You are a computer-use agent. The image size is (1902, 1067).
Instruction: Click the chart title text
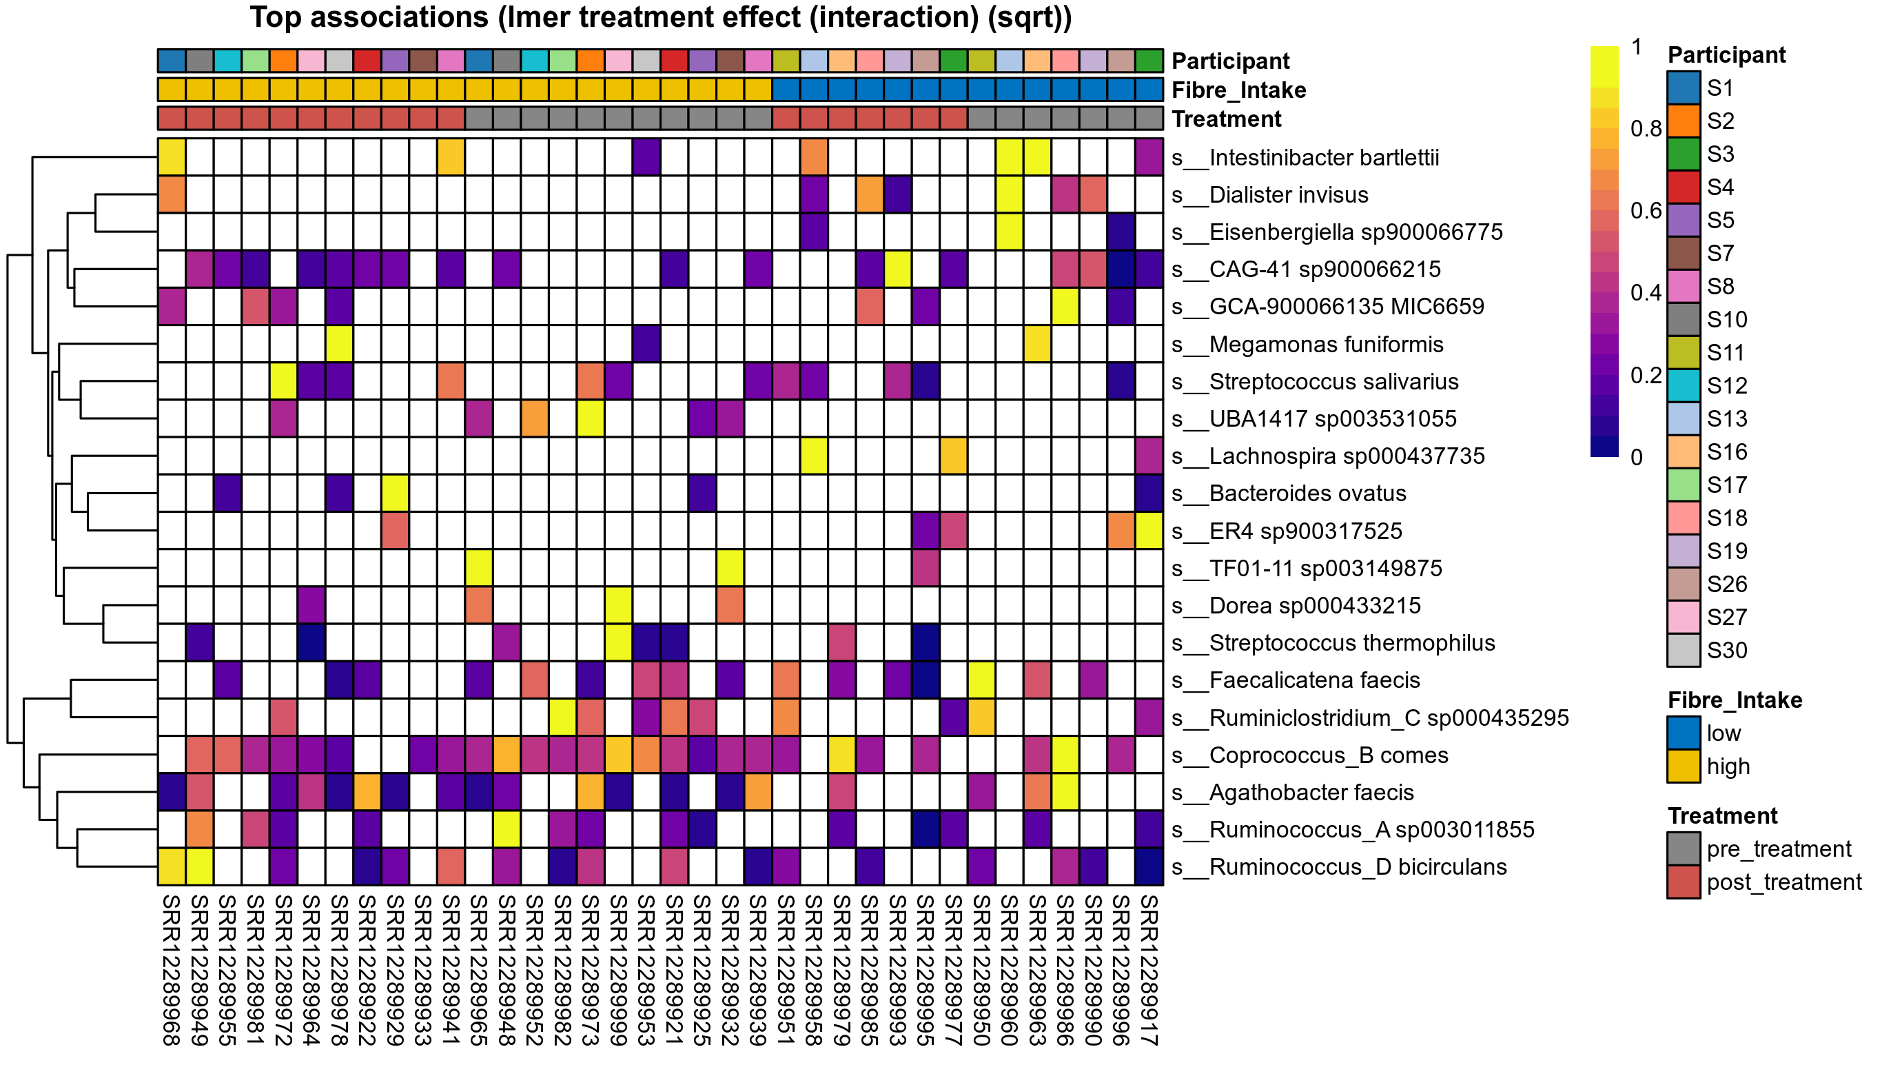(x=660, y=18)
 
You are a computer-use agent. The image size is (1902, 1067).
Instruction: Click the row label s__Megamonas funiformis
(x=1326, y=344)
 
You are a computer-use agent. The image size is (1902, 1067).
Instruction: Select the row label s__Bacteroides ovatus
(x=1308, y=494)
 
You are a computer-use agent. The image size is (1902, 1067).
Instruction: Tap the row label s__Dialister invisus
(x=1289, y=195)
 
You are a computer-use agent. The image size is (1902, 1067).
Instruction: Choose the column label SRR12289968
(x=172, y=970)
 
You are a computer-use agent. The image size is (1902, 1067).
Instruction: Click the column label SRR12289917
(x=1149, y=970)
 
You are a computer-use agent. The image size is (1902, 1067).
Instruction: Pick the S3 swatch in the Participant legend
(x=1684, y=154)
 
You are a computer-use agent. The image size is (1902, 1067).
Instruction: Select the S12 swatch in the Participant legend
(x=1684, y=385)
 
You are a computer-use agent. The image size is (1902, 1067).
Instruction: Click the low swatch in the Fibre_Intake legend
(x=1684, y=733)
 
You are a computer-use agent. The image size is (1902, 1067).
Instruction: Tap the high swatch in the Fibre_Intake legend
(x=1684, y=766)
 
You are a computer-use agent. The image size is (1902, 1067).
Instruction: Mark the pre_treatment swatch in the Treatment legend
(x=1684, y=849)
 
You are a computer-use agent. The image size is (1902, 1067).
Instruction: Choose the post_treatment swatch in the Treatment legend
(x=1684, y=882)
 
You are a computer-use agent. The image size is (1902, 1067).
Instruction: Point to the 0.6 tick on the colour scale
(x=1646, y=211)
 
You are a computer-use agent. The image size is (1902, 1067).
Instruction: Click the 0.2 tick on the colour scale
(x=1646, y=376)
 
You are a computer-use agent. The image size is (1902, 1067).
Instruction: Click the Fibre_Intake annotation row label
(x=1238, y=90)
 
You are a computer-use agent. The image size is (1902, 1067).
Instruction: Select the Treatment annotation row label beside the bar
(x=1227, y=119)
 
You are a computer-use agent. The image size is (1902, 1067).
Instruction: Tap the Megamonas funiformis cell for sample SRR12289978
(x=339, y=344)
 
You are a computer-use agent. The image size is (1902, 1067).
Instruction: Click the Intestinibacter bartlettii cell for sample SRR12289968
(x=172, y=157)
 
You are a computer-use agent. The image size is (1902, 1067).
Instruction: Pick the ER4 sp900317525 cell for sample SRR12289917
(x=1149, y=531)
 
